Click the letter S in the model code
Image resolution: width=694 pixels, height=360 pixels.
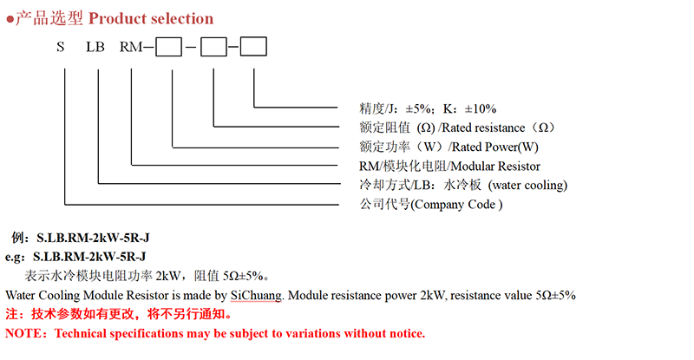pyautogui.click(x=61, y=47)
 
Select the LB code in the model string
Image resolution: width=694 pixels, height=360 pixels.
pyautogui.click(x=95, y=47)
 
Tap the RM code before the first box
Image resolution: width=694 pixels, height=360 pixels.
pyautogui.click(x=131, y=47)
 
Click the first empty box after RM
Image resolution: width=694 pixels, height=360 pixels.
pyautogui.click(x=168, y=47)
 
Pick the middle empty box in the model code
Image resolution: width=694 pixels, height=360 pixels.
pyautogui.click(x=213, y=47)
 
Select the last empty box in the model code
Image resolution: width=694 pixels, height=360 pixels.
pyautogui.click(x=253, y=47)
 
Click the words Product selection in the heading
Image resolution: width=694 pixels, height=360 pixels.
pyautogui.click(x=151, y=18)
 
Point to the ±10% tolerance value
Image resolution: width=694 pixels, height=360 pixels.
pyautogui.click(x=481, y=109)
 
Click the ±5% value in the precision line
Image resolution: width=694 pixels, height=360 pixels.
pyautogui.click(x=418, y=109)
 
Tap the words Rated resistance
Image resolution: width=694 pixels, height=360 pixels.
pyautogui.click(x=483, y=128)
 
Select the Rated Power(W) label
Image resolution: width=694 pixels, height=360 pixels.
pyautogui.click(x=494, y=147)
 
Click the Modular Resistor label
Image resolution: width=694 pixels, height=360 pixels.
pyautogui.click(x=495, y=167)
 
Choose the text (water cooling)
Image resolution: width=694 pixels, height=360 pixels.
pyautogui.click(x=527, y=185)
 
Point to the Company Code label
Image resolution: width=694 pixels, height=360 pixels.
pyautogui.click(x=456, y=205)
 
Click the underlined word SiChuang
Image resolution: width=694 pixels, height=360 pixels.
pyautogui.click(x=256, y=295)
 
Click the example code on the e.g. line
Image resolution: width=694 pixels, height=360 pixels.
pyautogui.click(x=89, y=257)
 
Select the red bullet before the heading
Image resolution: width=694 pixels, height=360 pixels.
pyautogui.click(x=10, y=19)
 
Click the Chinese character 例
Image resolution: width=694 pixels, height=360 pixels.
pyautogui.click(x=17, y=238)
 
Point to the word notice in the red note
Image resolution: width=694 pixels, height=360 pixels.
pyautogui.click(x=406, y=333)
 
